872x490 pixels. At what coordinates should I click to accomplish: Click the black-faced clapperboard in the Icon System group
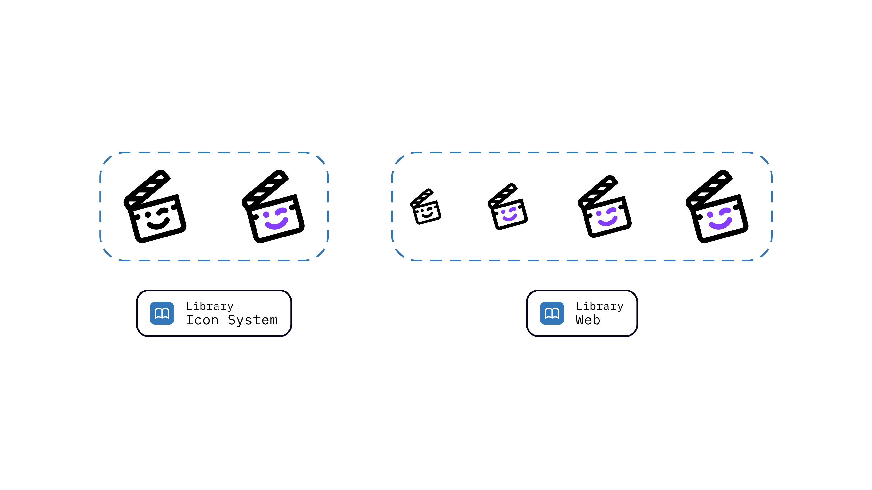155,207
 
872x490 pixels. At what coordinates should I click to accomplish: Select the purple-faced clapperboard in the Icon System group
273,207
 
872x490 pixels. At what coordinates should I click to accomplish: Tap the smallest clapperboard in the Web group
426,207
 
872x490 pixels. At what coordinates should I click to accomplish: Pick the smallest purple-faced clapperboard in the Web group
508,207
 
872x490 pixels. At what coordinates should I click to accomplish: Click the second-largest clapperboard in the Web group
605,207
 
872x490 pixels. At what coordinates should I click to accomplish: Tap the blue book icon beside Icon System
162,313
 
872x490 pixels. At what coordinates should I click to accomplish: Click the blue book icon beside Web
552,313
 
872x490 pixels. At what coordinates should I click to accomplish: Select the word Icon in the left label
202,320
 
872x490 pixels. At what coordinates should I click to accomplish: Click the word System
253,320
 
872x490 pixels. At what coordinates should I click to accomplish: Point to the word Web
588,320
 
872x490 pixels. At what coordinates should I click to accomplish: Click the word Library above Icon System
210,306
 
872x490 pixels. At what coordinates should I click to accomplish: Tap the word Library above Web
599,306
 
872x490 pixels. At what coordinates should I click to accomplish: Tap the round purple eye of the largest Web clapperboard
710,214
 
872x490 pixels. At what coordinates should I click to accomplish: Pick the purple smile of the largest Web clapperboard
720,224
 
